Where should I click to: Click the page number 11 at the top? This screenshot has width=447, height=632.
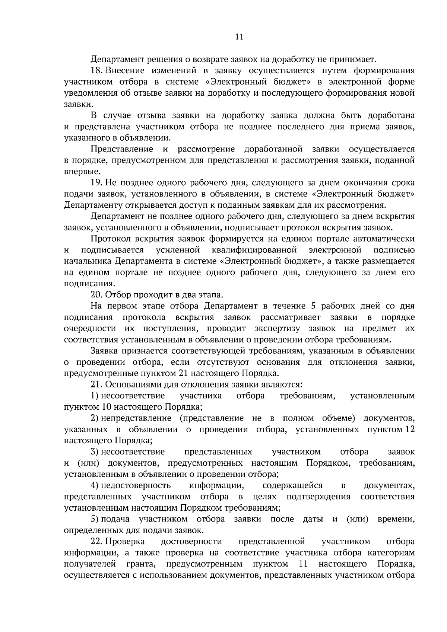pyautogui.click(x=239, y=36)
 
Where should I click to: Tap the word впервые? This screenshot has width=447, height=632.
pyautogui.click(x=77, y=172)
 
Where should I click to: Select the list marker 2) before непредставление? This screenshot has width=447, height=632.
pyautogui.click(x=94, y=418)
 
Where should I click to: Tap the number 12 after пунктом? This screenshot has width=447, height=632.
pyautogui.click(x=410, y=430)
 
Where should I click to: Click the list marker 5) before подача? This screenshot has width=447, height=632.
pyautogui.click(x=94, y=519)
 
